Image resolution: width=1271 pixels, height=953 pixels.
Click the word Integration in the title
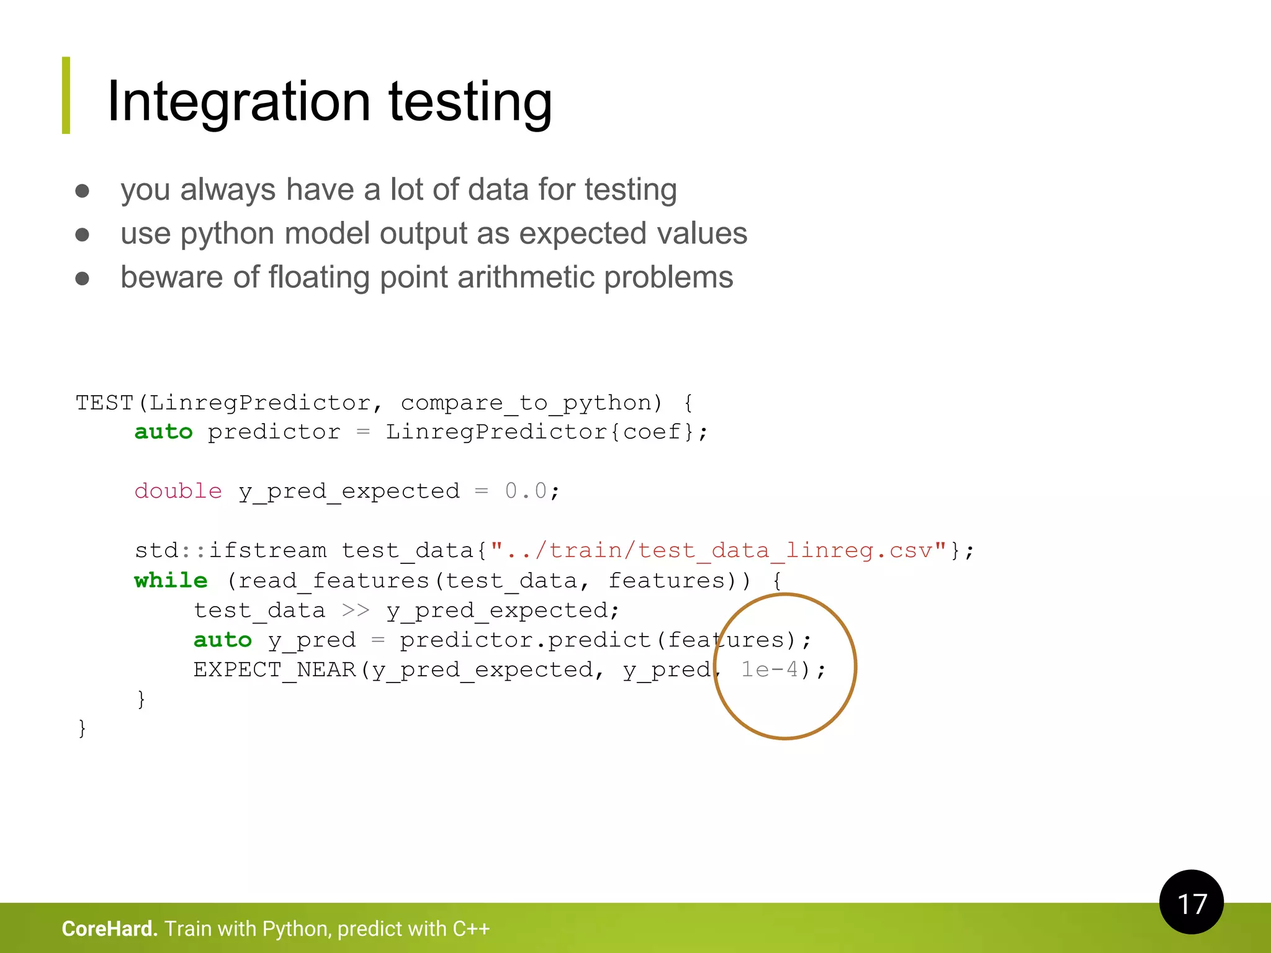(x=239, y=102)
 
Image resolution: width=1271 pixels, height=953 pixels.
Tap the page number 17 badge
(x=1191, y=902)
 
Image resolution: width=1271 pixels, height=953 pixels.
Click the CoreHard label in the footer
(x=109, y=929)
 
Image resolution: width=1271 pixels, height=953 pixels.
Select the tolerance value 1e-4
(x=770, y=669)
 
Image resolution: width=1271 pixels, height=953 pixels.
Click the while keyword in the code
(x=171, y=581)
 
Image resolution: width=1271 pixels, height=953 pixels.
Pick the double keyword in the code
(x=178, y=491)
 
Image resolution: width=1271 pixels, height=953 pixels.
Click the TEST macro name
(x=104, y=403)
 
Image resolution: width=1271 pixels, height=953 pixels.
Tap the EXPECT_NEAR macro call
(x=274, y=670)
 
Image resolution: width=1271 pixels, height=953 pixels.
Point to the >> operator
(x=356, y=611)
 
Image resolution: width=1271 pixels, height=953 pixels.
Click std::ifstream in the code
(x=230, y=551)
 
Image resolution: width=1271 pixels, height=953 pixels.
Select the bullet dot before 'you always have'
(x=82, y=190)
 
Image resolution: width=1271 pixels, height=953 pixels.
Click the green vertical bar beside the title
(x=66, y=96)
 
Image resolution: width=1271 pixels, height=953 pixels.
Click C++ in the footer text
(x=471, y=929)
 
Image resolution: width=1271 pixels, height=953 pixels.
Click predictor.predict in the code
(x=525, y=640)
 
